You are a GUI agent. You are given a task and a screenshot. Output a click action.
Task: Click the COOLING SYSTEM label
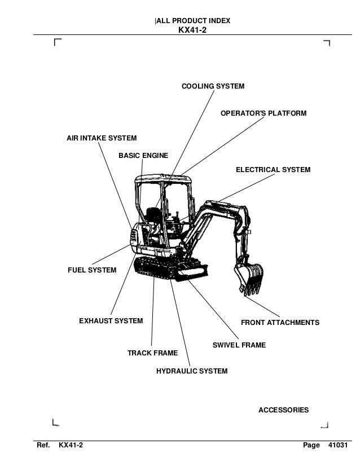[x=212, y=86]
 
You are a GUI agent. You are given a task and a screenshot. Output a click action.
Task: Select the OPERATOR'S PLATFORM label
[x=264, y=113]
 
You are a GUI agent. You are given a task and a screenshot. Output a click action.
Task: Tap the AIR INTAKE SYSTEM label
[x=102, y=138]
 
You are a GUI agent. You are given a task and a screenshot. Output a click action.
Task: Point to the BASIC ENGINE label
[x=143, y=155]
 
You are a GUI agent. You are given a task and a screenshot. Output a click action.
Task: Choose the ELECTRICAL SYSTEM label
[x=273, y=169]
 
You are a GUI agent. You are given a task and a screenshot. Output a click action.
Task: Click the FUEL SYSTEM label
[x=92, y=270]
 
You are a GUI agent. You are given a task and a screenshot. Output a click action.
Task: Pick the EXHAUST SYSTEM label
[x=111, y=322]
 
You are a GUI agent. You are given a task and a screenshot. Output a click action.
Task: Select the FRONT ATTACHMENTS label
[x=280, y=323]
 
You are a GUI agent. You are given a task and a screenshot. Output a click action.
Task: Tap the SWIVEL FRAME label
[x=239, y=344]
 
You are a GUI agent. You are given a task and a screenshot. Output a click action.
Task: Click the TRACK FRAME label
[x=152, y=353]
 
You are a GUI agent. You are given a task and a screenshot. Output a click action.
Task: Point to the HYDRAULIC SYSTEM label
[x=192, y=371]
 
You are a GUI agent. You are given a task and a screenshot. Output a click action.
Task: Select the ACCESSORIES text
[x=283, y=410]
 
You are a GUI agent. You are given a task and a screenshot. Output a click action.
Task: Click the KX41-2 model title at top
[x=192, y=30]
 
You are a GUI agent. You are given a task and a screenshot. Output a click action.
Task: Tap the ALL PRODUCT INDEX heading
[x=192, y=21]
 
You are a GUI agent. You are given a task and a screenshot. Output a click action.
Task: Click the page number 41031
[x=339, y=446]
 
